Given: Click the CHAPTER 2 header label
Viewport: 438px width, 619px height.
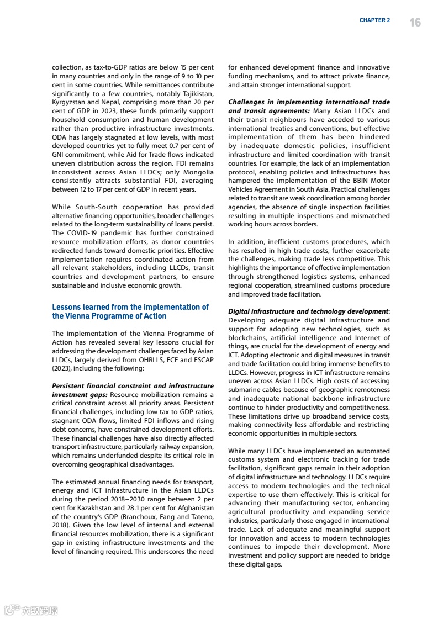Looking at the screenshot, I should click(x=374, y=20).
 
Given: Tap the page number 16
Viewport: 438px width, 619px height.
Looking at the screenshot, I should click(x=415, y=22).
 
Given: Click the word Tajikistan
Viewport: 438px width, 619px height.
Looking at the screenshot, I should click(x=196, y=94).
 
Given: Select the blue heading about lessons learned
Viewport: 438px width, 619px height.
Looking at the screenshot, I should click(x=130, y=311).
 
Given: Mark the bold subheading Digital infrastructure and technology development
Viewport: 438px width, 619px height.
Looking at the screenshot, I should click(x=308, y=311).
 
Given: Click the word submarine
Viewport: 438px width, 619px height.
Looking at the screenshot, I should click(x=247, y=390).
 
